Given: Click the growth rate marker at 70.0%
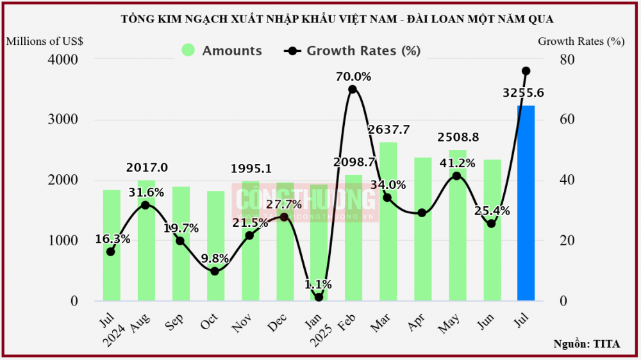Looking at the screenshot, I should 353,89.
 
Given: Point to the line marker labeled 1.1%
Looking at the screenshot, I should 319,297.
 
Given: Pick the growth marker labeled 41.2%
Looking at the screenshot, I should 456,176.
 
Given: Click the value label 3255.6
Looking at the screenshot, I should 523,93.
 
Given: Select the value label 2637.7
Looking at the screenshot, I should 388,129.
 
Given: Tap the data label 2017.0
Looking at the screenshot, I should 147,167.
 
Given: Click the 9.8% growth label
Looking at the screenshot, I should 215,258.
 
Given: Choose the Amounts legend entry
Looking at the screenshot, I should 222,51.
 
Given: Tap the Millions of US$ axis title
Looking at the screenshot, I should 44,41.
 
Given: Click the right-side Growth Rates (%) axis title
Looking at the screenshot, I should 581,41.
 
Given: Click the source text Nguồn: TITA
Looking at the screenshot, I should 587,344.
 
